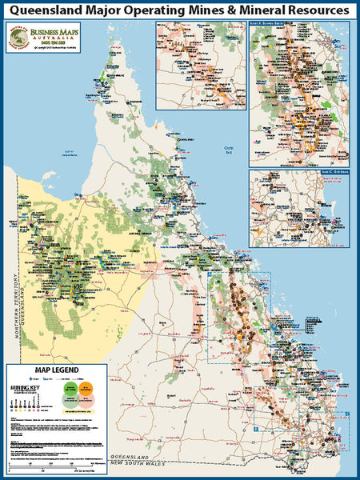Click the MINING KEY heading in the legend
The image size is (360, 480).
coord(24,386)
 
